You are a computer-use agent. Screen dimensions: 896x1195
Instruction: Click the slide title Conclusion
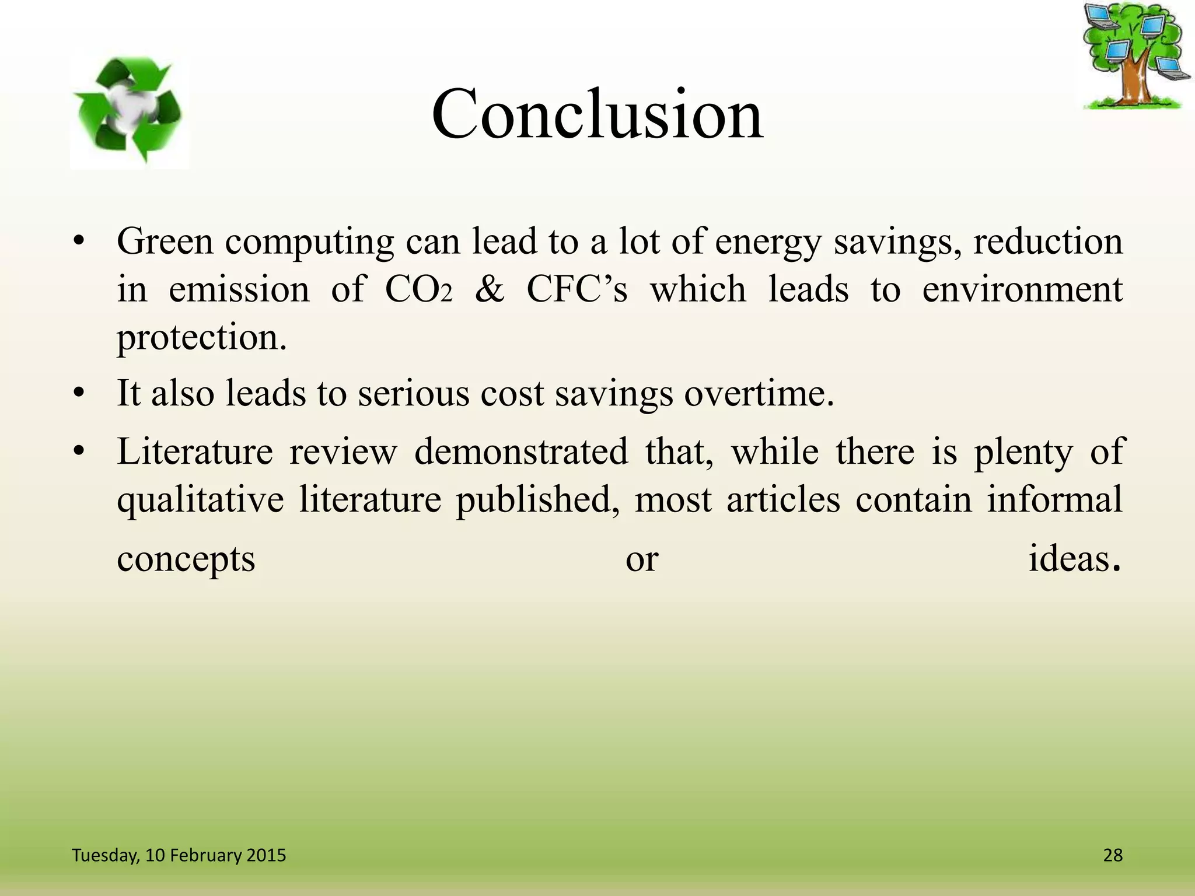(597, 114)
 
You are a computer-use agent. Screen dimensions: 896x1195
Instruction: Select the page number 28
(1113, 855)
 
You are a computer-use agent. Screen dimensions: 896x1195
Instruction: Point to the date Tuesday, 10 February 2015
(179, 855)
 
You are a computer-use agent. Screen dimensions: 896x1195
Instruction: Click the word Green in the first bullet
(165, 242)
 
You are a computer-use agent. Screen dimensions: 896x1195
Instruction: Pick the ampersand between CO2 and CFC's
(489, 289)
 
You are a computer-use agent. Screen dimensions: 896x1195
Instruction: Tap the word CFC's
(576, 289)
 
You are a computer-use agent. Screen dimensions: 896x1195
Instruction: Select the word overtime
(759, 393)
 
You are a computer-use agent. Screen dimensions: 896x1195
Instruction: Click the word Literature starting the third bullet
(194, 452)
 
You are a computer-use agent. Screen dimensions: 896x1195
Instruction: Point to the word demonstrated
(521, 452)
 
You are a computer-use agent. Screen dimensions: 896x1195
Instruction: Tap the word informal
(1054, 499)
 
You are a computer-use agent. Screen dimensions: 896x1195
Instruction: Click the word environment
(1022, 289)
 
